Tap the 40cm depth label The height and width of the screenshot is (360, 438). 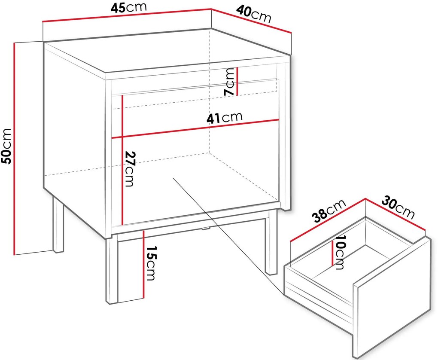254,14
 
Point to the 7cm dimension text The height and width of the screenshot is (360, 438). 230,82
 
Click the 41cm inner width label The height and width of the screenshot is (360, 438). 225,118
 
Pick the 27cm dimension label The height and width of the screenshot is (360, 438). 129,169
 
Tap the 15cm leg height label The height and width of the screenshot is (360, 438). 150,263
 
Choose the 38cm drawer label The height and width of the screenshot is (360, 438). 329,211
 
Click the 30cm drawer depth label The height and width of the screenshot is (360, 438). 398,207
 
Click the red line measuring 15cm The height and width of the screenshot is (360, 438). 143,265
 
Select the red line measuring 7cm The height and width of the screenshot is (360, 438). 237,81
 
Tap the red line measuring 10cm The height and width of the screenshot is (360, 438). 332,253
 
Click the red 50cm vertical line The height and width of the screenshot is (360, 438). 14,149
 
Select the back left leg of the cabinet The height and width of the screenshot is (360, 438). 58,224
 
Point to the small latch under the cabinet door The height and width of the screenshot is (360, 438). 205,229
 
